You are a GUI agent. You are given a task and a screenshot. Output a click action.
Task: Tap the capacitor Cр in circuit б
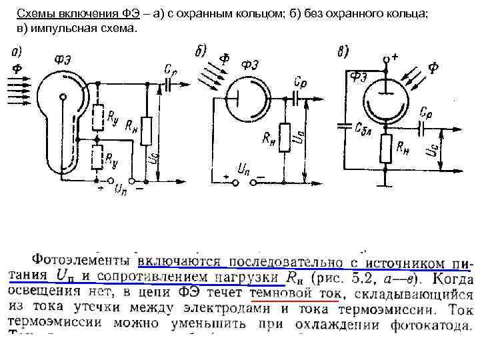click(x=298, y=97)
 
